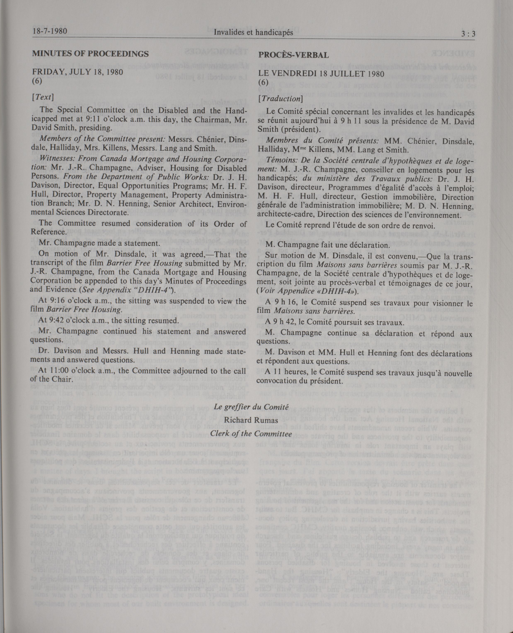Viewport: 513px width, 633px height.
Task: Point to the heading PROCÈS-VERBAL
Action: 293,55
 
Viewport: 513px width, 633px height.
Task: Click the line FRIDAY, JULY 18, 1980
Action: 77,72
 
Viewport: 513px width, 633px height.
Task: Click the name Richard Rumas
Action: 251,420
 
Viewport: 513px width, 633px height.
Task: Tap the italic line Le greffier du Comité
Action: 251,407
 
